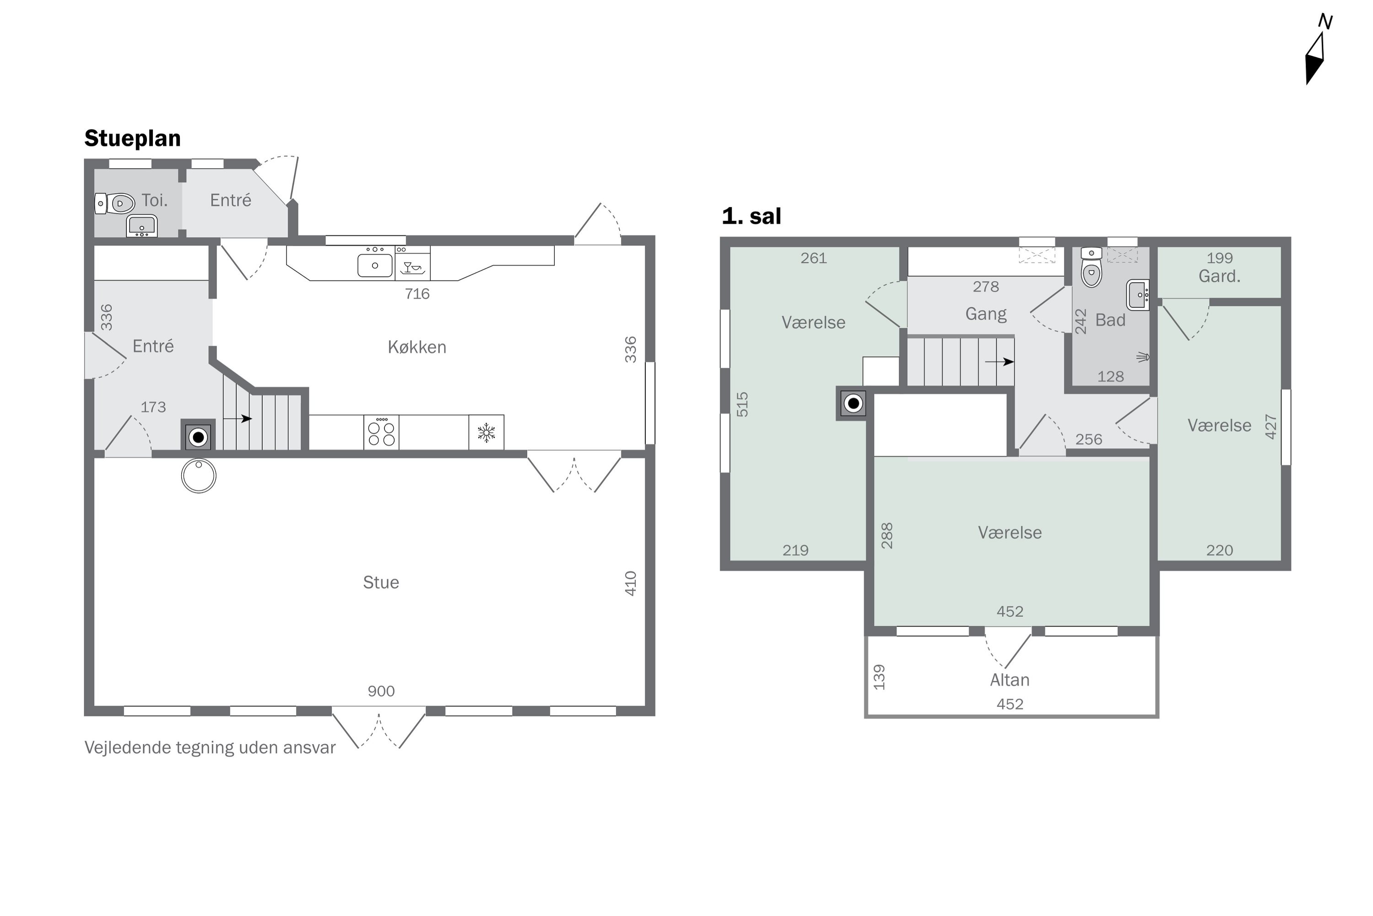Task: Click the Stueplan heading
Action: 133,138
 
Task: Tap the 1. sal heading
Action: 751,216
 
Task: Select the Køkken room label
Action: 417,347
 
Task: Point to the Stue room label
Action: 381,583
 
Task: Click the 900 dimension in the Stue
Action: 381,691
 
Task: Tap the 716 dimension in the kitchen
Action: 417,294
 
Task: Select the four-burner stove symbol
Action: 381,432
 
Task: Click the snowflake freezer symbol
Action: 486,432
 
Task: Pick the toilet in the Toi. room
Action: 115,203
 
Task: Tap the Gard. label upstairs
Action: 1220,276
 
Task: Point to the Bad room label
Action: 1110,320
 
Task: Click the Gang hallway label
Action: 986,314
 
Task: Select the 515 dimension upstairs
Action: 742,404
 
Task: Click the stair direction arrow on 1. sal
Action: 1000,362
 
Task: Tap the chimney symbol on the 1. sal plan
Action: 853,403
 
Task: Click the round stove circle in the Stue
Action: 199,475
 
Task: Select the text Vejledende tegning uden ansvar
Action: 210,748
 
